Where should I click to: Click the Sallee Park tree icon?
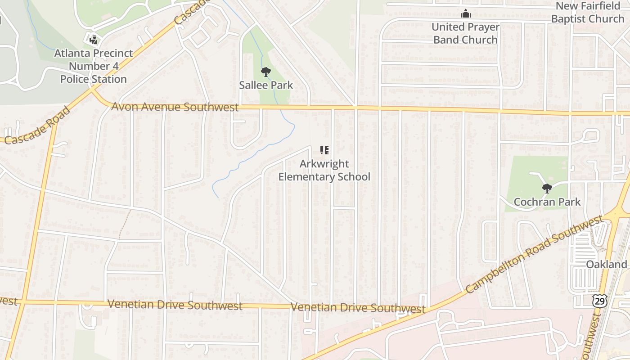pos(266,72)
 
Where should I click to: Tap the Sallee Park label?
pos(266,85)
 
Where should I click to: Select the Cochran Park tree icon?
pos(547,189)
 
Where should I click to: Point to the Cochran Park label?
pos(547,202)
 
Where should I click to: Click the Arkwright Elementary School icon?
pos(324,150)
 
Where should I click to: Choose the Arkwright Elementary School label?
pos(324,170)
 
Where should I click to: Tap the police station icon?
pos(94,40)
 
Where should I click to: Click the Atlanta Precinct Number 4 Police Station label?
pos(94,66)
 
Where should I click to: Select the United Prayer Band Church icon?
pos(466,14)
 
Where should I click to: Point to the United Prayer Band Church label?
pos(465,33)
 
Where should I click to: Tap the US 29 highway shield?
pos(600,301)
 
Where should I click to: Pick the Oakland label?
pos(607,264)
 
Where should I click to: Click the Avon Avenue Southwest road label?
pos(175,107)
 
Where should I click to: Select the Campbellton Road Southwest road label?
pos(534,254)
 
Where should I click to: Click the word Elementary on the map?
pos(306,176)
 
